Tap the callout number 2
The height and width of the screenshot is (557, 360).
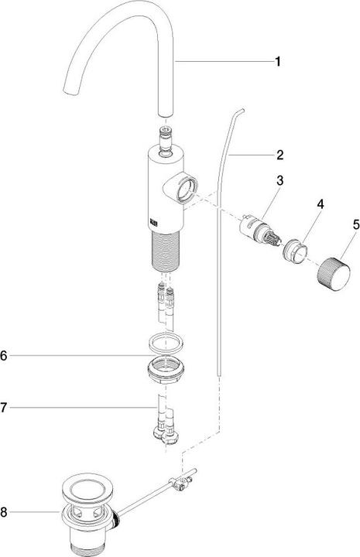click(279, 153)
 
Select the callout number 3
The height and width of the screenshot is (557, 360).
click(279, 180)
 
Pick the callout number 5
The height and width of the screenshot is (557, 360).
click(356, 226)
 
